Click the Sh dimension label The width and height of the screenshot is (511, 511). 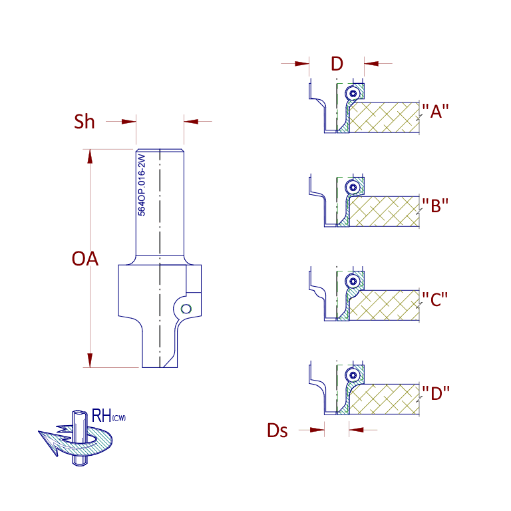point(84,122)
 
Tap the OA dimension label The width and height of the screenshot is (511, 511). point(85,259)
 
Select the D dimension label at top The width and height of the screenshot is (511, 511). point(337,64)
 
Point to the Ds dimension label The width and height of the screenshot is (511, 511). point(277,430)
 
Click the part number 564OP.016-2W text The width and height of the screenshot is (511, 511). point(142,185)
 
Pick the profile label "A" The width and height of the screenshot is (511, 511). point(435,112)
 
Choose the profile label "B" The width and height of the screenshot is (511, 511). point(435,206)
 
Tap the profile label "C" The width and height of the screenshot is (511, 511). point(434,299)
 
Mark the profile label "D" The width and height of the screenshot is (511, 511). point(436,393)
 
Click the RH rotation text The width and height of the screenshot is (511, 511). point(101,415)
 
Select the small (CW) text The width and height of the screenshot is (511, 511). point(119,418)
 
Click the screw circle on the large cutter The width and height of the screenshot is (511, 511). point(186,309)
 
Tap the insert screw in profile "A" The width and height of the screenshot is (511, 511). point(353,94)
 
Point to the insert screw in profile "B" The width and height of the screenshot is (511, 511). point(353,188)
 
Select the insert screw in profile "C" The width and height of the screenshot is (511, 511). point(353,281)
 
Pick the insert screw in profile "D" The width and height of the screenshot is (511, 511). point(353,375)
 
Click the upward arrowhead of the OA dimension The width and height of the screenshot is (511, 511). point(90,157)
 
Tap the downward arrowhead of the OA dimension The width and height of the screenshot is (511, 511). point(90,360)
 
